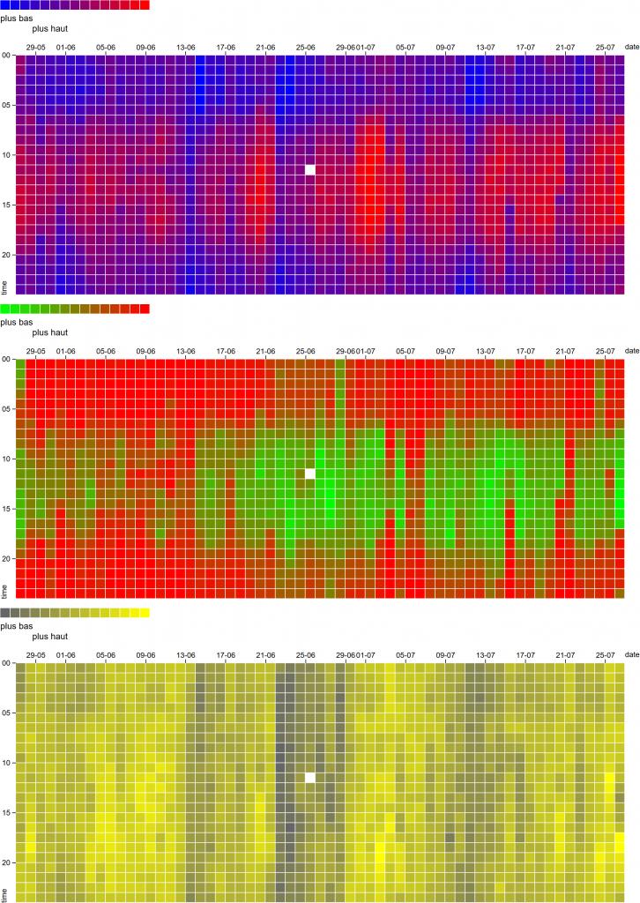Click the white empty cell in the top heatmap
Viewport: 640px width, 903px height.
point(309,169)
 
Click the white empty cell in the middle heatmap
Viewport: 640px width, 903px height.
point(309,474)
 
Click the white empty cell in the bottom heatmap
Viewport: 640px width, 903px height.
point(309,778)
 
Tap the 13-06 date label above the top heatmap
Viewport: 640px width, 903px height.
point(186,47)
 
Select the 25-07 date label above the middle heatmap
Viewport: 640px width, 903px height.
point(606,351)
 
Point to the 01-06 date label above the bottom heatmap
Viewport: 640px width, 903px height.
point(65,655)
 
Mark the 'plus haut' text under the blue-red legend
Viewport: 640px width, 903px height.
point(49,28)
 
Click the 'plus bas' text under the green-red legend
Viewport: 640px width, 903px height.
point(16,322)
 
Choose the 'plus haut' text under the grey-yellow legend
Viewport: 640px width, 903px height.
point(49,636)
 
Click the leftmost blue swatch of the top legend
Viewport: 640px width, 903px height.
point(5,4)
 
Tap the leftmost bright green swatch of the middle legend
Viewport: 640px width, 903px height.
point(5,309)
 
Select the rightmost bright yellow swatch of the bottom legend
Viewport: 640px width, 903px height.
point(145,612)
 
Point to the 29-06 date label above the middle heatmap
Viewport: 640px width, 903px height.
point(346,351)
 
